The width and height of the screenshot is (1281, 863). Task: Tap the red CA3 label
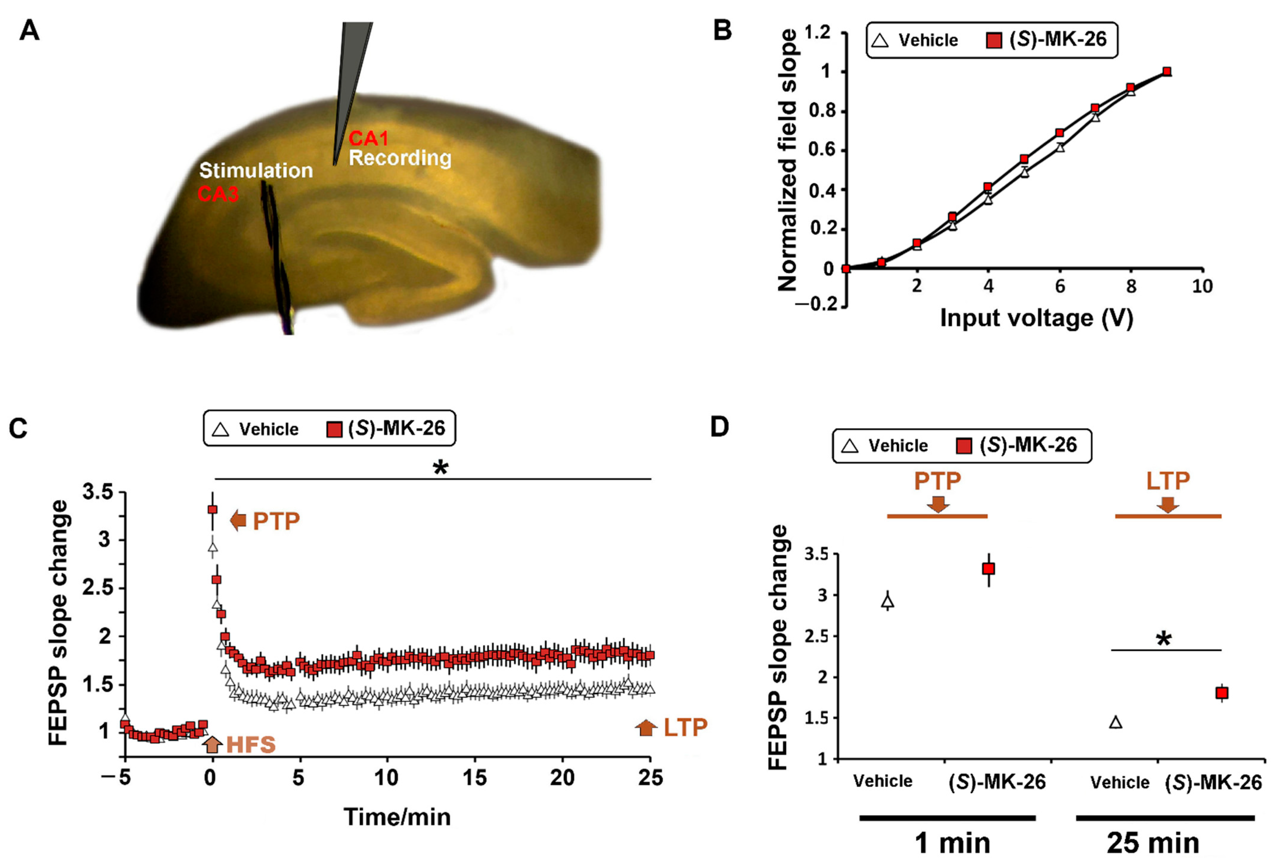tap(218, 194)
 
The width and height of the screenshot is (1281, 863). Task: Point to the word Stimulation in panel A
tap(256, 171)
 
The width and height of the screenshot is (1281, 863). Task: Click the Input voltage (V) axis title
tap(1036, 318)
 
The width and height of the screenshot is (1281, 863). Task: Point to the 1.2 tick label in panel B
tap(817, 33)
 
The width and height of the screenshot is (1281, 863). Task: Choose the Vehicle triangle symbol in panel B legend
tap(880, 40)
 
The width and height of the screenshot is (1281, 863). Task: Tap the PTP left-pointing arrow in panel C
tap(238, 520)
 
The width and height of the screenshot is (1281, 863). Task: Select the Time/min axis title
tap(397, 817)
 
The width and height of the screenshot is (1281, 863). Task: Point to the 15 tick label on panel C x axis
tap(474, 778)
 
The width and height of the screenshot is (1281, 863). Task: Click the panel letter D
tap(720, 427)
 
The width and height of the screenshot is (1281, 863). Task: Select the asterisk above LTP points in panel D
tap(1163, 640)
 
